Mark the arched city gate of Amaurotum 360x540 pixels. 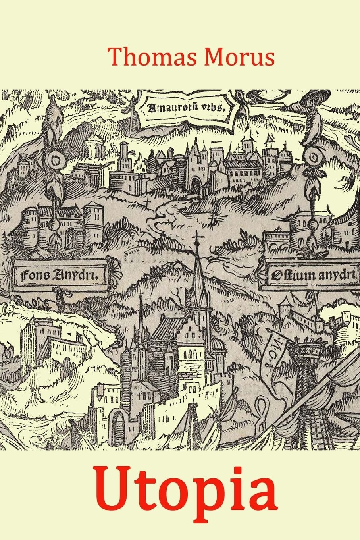point(196,185)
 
